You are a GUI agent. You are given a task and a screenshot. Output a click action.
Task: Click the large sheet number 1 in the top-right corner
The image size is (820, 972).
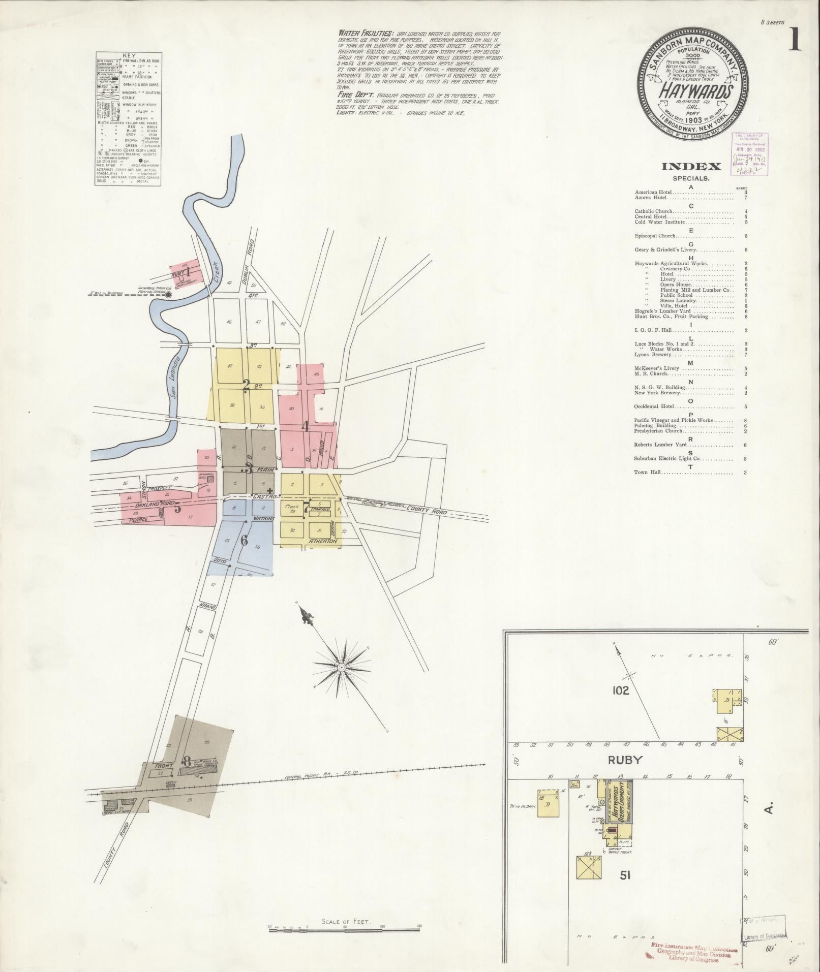[795, 39]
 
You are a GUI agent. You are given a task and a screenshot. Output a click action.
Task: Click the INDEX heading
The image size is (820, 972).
[691, 167]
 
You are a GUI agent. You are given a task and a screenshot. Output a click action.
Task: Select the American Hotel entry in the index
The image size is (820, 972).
[653, 193]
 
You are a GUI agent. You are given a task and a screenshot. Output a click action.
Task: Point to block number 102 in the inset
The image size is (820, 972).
[620, 690]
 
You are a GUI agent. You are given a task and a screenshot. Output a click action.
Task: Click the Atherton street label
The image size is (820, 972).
[323, 542]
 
